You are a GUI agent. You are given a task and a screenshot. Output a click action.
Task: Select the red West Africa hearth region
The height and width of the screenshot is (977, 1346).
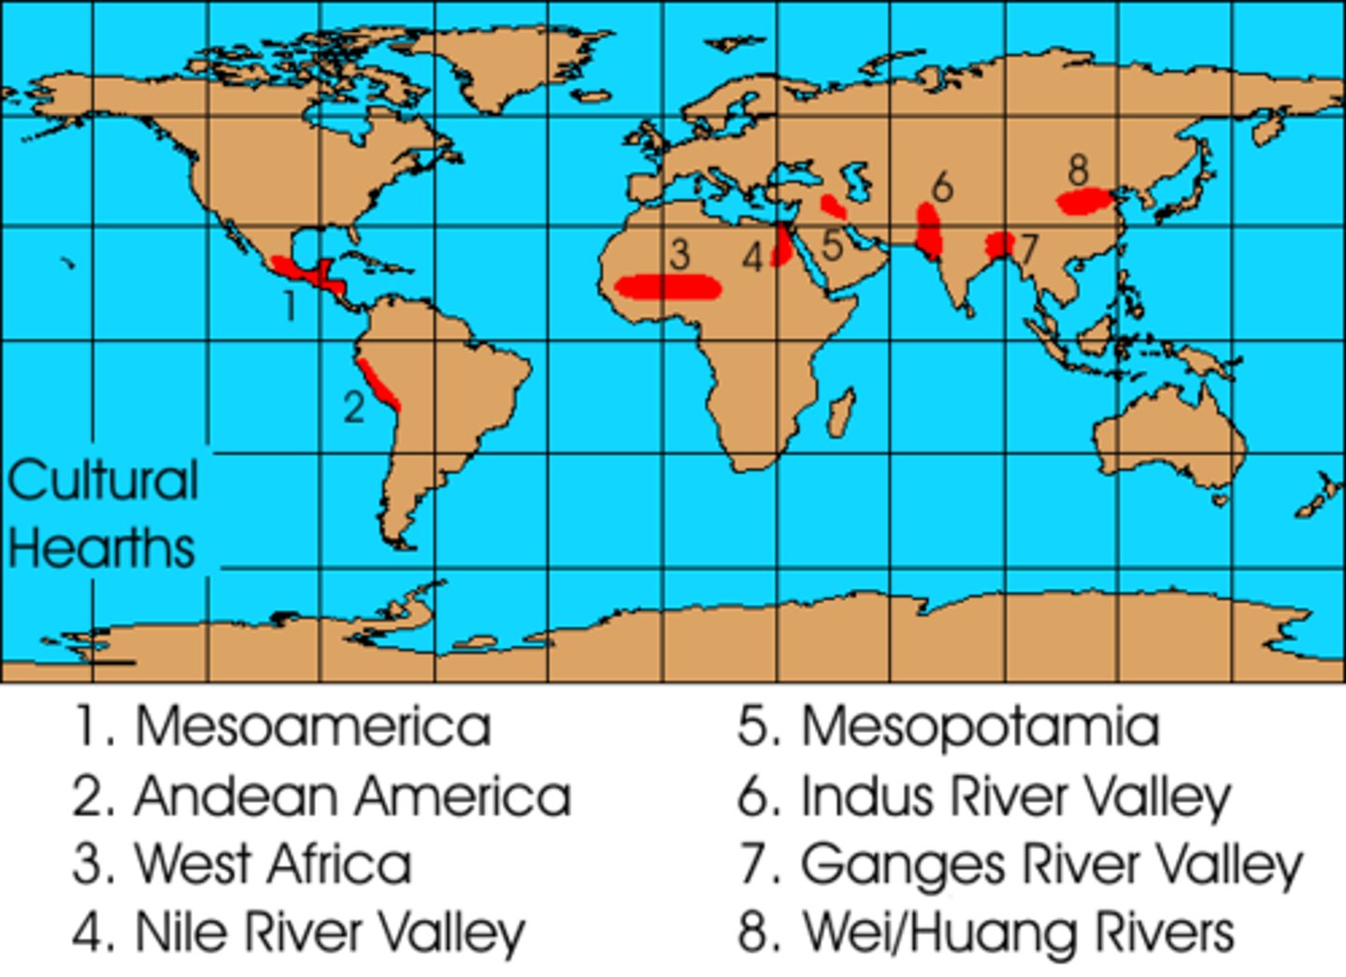[x=669, y=287]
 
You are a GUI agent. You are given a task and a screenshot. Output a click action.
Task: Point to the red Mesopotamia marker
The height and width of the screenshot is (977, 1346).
[x=832, y=206]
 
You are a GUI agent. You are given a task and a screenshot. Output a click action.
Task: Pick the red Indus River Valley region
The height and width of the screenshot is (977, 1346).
[x=928, y=231]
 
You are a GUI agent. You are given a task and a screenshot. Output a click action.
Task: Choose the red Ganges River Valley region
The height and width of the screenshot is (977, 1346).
[x=1000, y=246]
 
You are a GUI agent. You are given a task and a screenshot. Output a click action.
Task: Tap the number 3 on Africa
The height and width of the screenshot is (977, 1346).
[x=680, y=253]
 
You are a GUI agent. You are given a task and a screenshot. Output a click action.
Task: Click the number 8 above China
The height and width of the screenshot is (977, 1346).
[x=1078, y=170]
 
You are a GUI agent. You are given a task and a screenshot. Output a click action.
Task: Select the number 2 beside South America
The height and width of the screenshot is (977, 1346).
[x=352, y=407]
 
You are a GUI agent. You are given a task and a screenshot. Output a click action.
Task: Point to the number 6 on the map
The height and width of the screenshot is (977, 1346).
[x=942, y=187]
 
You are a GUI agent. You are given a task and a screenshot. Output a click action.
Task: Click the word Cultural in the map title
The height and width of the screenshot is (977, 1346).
[x=103, y=481]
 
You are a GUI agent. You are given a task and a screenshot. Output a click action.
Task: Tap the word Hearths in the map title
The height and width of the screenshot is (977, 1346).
[x=101, y=548]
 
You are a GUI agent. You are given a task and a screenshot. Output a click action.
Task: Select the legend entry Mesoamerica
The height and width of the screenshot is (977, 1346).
[x=312, y=726]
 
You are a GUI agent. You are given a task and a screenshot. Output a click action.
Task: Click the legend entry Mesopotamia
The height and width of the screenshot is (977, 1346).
[x=980, y=726]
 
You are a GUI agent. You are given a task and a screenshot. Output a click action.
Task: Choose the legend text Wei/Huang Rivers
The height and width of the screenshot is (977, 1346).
[x=1018, y=932]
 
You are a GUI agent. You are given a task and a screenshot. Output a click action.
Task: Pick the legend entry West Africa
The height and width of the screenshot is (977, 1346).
[x=273, y=863]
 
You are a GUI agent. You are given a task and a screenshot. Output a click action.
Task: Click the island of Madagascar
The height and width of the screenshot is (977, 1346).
[x=841, y=414]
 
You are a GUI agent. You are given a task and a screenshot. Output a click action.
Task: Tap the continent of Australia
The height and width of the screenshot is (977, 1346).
[x=1168, y=439]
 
